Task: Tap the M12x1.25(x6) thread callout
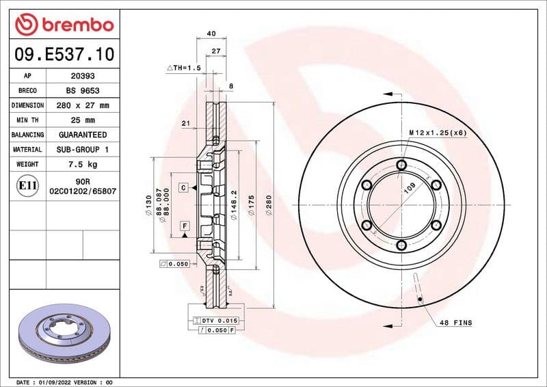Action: (x=438, y=132)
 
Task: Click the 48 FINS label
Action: (x=455, y=322)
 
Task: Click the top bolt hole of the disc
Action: (x=401, y=164)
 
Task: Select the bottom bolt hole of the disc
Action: (x=401, y=245)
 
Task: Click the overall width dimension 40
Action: (x=211, y=34)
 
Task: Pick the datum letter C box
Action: (x=184, y=187)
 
